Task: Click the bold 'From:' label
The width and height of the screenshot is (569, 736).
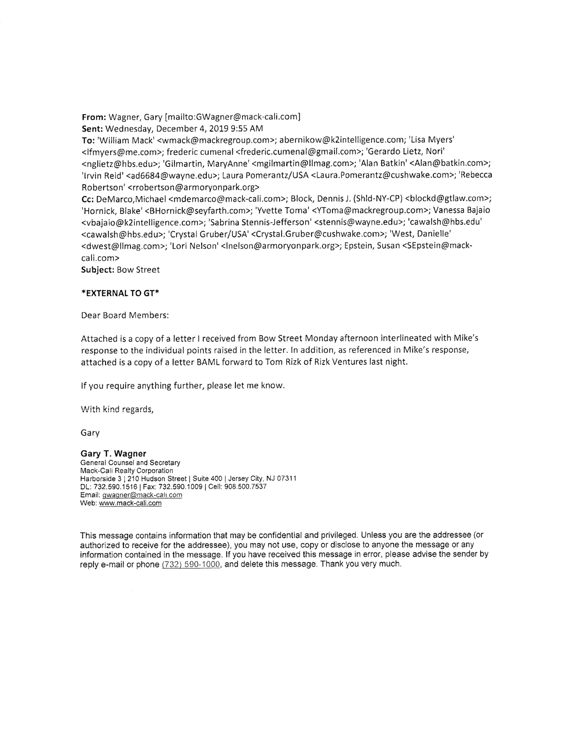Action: (x=94, y=117)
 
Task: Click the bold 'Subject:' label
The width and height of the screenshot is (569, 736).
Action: (x=98, y=270)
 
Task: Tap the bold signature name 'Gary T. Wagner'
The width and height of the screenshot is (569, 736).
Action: (x=113, y=454)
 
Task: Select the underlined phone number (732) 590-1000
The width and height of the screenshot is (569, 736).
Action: (x=190, y=564)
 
